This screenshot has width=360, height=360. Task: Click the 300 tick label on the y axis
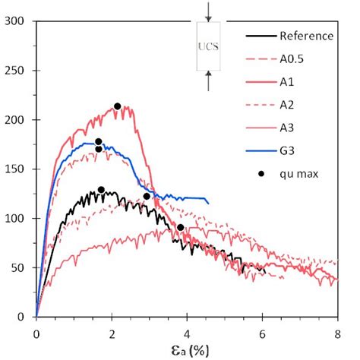point(17,21)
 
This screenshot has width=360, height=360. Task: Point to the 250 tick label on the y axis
point(17,71)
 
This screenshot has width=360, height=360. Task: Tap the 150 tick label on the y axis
point(17,169)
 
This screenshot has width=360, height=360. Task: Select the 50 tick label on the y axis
point(20,268)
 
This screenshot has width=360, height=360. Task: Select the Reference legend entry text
point(306,36)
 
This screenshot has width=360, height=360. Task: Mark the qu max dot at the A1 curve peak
point(118,106)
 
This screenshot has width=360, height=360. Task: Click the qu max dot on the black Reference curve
point(101,190)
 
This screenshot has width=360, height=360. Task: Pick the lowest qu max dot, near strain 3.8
point(180,227)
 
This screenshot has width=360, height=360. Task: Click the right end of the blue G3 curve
point(207,202)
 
